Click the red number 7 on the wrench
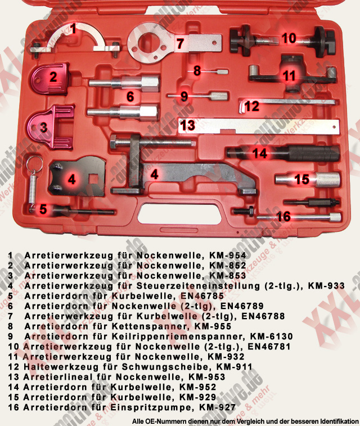pos(180,43)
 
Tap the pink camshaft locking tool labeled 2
pos(51,79)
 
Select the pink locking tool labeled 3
pos(51,127)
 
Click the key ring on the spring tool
pos(34,164)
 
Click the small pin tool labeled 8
pos(208,71)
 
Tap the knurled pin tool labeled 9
pos(197,96)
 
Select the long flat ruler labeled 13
pos(259,127)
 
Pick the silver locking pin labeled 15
pos(308,180)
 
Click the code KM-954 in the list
pos(227,255)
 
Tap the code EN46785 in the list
pos(202,296)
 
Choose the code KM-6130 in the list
pos(271,337)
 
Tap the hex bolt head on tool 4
pos(114,143)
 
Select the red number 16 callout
pos(283,217)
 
